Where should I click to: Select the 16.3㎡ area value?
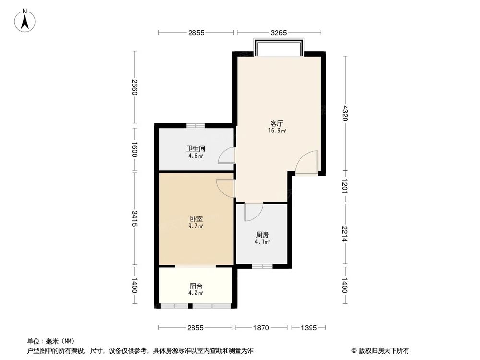pos(277,131)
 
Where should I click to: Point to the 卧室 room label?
pos(195,219)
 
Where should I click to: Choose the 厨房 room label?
pos(262,235)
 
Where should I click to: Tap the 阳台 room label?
pos(195,286)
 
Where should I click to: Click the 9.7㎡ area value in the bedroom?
pos(195,226)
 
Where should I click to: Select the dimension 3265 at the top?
pos(278,33)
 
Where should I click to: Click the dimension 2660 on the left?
pos(135,86)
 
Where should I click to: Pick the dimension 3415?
pos(135,218)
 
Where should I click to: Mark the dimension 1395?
pos(307,328)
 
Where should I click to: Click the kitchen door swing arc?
pos(253,212)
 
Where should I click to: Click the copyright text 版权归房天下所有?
pos(383,350)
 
